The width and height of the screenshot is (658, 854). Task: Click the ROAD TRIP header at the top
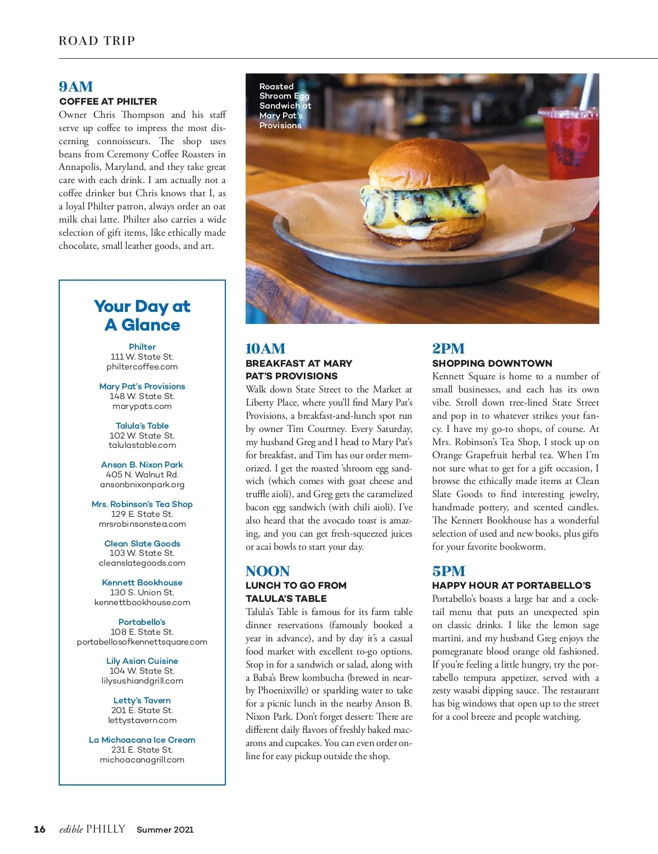tap(97, 41)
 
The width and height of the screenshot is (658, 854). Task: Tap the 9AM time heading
tap(76, 87)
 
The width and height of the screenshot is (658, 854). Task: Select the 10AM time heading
tap(265, 349)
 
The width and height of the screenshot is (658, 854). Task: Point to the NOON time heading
tap(268, 571)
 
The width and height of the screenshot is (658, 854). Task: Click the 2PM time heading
tap(448, 349)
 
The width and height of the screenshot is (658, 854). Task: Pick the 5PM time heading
tap(449, 571)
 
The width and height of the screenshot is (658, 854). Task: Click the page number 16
tap(39, 829)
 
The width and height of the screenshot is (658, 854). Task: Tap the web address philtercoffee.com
tap(142, 367)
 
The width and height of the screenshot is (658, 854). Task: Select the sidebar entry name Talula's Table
tap(142, 425)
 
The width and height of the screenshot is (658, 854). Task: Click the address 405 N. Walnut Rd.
tap(142, 475)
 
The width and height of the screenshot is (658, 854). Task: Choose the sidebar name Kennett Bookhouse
tap(142, 583)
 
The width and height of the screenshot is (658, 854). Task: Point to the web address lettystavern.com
tap(142, 720)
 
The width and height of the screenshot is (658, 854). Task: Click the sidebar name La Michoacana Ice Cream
tap(142, 740)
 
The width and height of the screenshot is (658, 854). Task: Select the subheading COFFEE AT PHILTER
tap(108, 101)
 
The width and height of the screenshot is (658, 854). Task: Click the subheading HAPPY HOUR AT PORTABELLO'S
tap(512, 585)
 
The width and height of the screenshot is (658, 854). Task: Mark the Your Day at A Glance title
tap(142, 316)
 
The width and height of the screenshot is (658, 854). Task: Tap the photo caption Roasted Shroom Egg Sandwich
tap(285, 106)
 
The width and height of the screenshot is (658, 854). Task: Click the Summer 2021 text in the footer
tap(165, 830)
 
